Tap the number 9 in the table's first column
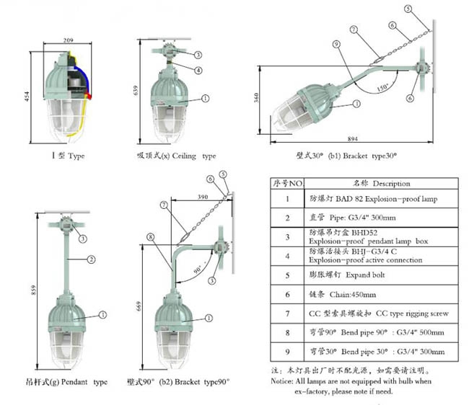(287, 352)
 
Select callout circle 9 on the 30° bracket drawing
(336, 44)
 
